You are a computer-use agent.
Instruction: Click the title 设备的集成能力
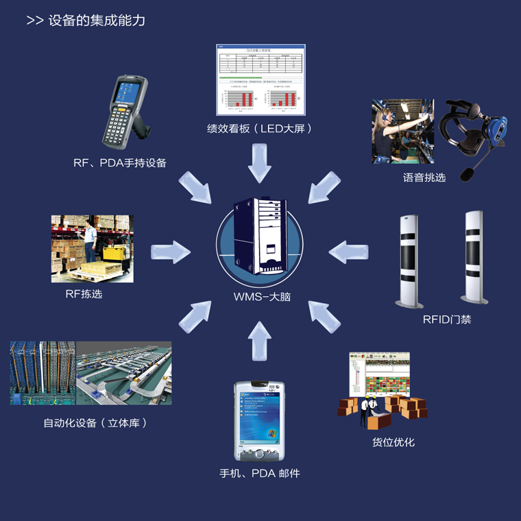coord(96,21)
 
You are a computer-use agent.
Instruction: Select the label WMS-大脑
coord(261,298)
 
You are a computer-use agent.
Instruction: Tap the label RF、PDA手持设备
coord(120,162)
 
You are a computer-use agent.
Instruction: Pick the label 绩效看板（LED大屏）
coord(260,128)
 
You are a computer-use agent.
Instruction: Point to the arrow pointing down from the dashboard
coord(260,163)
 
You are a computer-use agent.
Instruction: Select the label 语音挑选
coord(424,178)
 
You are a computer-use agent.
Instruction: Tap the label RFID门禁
coord(446,319)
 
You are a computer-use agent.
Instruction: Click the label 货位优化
coord(393,442)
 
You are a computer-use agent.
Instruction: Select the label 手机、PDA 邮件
coord(260,473)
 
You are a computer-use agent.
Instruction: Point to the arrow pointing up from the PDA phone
coord(260,340)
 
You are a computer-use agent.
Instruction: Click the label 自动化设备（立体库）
coord(95,423)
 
